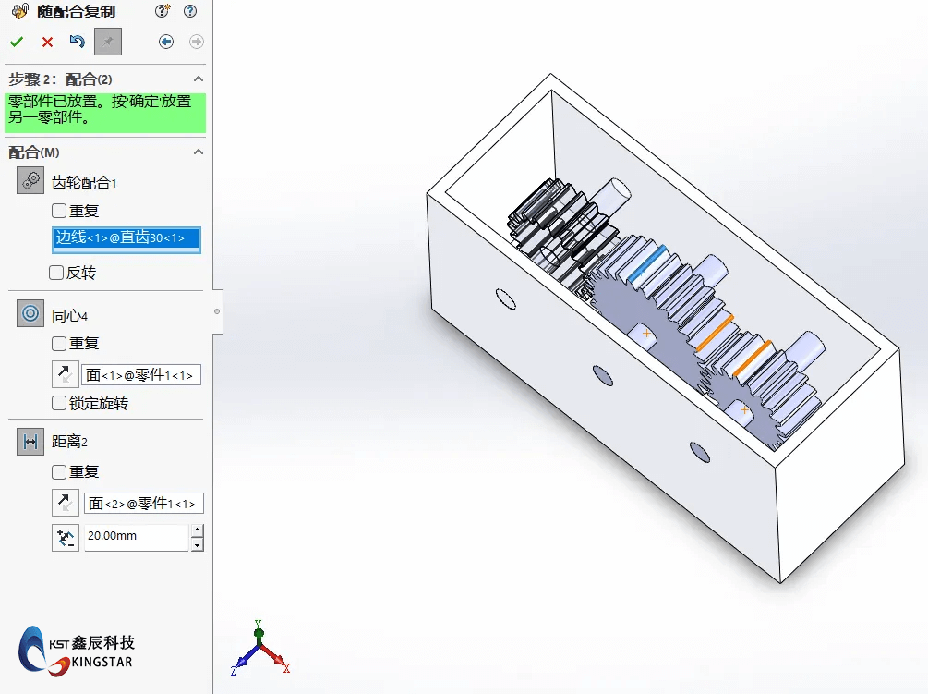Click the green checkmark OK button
(x=17, y=42)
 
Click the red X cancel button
(x=47, y=42)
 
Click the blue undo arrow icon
(x=78, y=42)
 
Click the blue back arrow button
(x=166, y=42)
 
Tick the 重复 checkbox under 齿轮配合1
(x=59, y=211)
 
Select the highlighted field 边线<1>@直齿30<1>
(x=126, y=238)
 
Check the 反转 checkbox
(x=56, y=273)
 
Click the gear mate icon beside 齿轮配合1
(x=30, y=181)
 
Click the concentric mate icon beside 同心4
(x=30, y=314)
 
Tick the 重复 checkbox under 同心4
(x=59, y=344)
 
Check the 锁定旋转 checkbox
(x=59, y=403)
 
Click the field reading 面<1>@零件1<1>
(x=141, y=375)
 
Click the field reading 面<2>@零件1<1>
(x=143, y=504)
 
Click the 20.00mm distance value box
(x=136, y=536)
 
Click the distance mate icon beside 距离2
(x=30, y=442)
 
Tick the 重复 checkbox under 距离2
(x=59, y=471)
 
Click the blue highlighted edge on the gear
(x=646, y=261)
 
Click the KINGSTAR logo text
(x=102, y=662)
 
